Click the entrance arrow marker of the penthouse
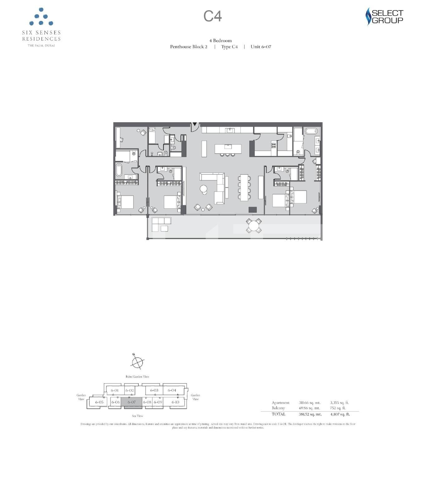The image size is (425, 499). tap(195, 124)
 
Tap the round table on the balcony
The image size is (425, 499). tap(254, 225)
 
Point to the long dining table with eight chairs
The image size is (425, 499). tap(244, 187)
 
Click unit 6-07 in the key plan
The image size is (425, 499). tap(132, 402)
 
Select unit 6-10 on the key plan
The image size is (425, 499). tap(176, 402)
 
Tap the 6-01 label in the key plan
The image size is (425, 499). tap(115, 390)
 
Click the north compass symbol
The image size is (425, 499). tap(137, 362)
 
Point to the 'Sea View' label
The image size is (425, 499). tap(138, 416)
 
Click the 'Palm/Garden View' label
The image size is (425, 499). tap(138, 377)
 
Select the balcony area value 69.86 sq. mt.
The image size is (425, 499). tap(309, 408)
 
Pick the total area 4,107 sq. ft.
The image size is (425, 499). tap(340, 414)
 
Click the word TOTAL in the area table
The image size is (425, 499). tap(278, 414)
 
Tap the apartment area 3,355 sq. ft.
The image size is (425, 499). tap(339, 403)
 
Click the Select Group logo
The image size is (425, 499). tap(384, 17)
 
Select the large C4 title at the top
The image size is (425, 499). tap(213, 16)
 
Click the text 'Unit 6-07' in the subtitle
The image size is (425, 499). tap(261, 47)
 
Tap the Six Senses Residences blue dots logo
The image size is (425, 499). tap(41, 17)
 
